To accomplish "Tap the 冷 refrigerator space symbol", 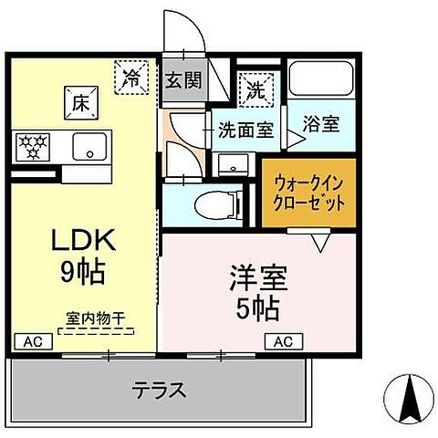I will tap(132, 76).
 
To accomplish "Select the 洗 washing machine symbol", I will tap(255, 89).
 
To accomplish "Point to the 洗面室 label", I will tap(245, 130).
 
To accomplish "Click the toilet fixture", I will tap(211, 203).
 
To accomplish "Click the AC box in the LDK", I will tap(32, 341).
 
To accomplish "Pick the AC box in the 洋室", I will tap(283, 341).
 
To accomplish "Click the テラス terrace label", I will tap(160, 391).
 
